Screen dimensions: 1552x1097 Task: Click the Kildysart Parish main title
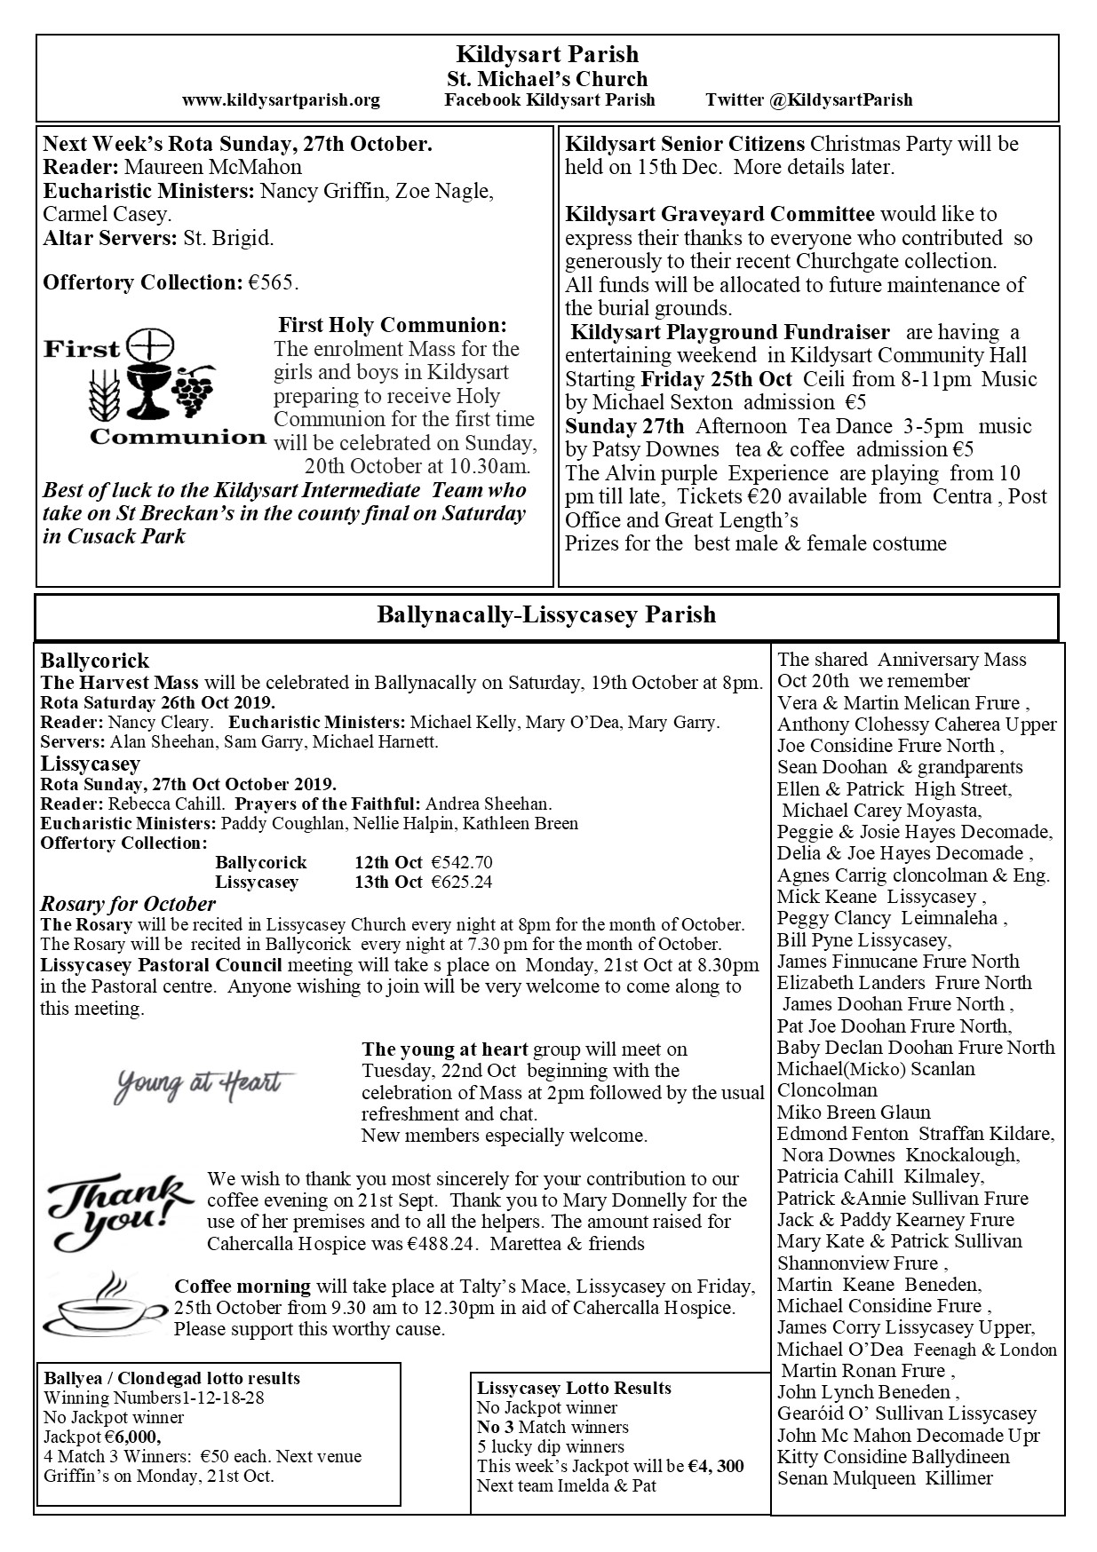click(x=547, y=55)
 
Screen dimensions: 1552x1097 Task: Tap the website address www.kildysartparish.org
click(x=281, y=100)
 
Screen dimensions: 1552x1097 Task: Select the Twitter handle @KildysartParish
click(x=808, y=100)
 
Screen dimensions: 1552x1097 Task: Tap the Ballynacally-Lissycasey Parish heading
click(x=546, y=615)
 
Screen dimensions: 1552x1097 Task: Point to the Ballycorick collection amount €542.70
click(x=461, y=862)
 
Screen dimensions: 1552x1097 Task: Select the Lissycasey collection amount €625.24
click(x=461, y=882)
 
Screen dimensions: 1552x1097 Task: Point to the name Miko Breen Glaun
click(x=854, y=1112)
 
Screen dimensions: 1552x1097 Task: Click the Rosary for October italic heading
click(x=128, y=904)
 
